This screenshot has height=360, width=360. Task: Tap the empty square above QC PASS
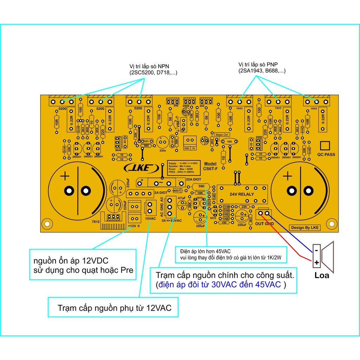[x=326, y=146]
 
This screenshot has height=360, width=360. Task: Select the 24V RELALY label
[x=242, y=194]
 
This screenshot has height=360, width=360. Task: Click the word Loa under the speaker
[x=322, y=275]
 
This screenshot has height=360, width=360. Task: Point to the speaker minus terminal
[x=316, y=250]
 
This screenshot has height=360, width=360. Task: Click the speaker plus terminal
[x=316, y=262]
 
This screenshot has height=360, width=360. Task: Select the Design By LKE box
[x=304, y=227]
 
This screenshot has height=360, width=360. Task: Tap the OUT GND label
[x=264, y=224]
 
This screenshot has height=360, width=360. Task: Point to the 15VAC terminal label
[x=150, y=218]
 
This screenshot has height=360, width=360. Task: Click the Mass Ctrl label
[x=222, y=135]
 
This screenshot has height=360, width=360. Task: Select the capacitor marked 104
[x=229, y=141]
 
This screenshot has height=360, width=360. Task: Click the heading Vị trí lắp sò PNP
[x=258, y=65]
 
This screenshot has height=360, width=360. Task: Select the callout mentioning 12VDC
[x=83, y=265]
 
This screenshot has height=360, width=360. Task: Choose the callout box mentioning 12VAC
[x=114, y=308]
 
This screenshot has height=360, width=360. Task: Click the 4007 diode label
[x=177, y=191]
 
